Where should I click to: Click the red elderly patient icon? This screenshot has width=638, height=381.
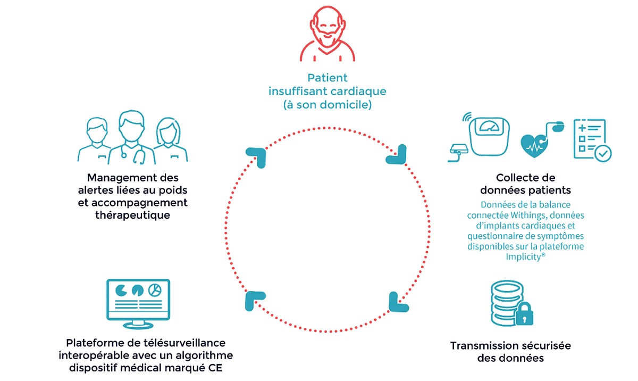pyautogui.click(x=327, y=36)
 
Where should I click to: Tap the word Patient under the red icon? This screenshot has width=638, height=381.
pyautogui.click(x=327, y=78)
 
